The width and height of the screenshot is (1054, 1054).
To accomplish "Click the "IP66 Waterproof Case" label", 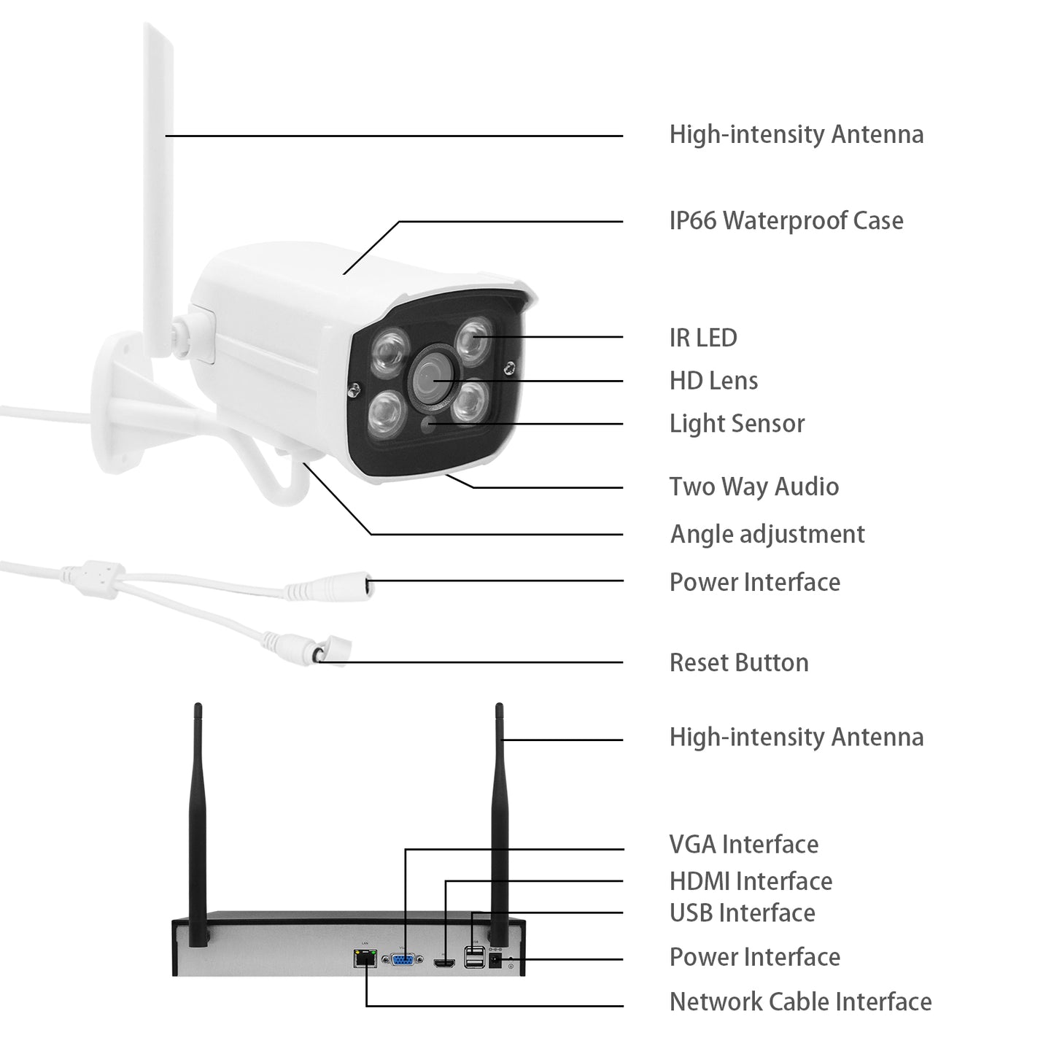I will pyautogui.click(x=786, y=220).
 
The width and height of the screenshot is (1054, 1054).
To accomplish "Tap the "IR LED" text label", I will pyautogui.click(x=702, y=338).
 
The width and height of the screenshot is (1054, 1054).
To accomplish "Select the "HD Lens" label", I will pyautogui.click(x=713, y=381).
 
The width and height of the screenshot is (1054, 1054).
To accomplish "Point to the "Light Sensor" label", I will pyautogui.click(x=737, y=424).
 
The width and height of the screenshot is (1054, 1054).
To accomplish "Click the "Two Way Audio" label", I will pyautogui.click(x=753, y=487).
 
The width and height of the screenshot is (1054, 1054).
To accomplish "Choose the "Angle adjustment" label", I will pyautogui.click(x=767, y=534).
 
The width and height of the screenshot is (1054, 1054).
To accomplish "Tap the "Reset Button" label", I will pyautogui.click(x=739, y=662).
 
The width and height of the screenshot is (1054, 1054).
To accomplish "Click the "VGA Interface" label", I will pyautogui.click(x=743, y=845).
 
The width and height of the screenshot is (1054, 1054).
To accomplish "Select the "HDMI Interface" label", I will pyautogui.click(x=751, y=881).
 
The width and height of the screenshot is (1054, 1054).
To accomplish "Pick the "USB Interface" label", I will pyautogui.click(x=742, y=912).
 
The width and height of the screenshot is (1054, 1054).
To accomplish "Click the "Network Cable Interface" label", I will pyautogui.click(x=800, y=1001).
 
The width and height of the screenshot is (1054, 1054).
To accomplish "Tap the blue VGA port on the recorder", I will pyautogui.click(x=402, y=960).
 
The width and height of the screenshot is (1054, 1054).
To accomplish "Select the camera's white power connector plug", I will pyautogui.click(x=332, y=586).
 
